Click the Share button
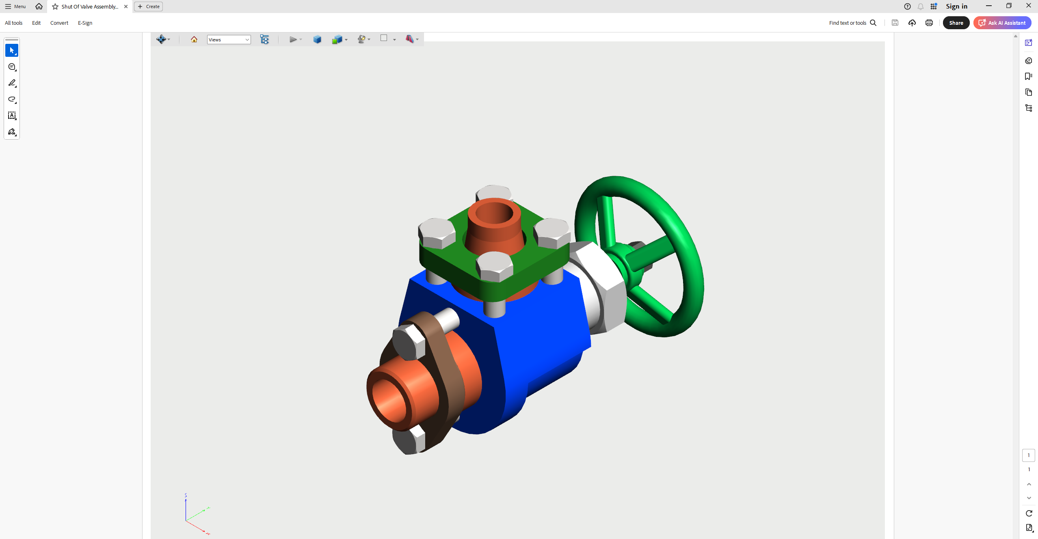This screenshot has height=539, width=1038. coord(956,23)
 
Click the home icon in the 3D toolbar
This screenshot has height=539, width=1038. coord(194,39)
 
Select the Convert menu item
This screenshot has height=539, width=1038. coord(59,23)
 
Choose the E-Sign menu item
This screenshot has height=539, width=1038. coord(85,23)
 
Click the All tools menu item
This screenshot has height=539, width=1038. coord(13,23)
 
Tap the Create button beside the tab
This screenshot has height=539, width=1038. coord(149,6)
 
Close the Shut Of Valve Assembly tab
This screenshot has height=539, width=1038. coord(126,6)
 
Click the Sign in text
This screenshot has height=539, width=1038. coord(956,6)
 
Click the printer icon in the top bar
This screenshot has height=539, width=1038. coord(929,23)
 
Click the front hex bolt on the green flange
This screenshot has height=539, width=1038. coord(494,267)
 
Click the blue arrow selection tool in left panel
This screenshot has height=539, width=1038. coord(12,50)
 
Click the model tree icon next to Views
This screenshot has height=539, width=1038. coord(264,39)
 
